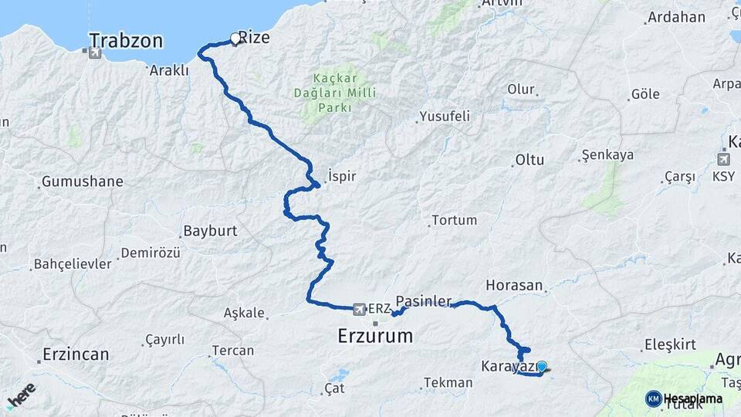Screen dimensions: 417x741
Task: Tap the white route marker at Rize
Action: click(x=235, y=38)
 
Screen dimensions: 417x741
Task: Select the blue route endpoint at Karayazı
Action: click(x=541, y=367)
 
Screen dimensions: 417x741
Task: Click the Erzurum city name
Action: click(x=375, y=336)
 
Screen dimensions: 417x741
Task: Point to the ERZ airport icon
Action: click(x=359, y=309)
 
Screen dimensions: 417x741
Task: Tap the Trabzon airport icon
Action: click(x=94, y=53)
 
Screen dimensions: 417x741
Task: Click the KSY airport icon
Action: click(x=724, y=160)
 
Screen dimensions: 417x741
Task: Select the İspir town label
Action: click(x=342, y=176)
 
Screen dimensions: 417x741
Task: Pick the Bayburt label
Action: click(x=210, y=231)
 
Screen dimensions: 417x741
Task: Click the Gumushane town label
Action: click(x=82, y=182)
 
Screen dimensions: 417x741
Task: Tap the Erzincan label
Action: click(x=76, y=354)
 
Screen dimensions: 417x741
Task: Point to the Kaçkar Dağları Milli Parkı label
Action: click(x=334, y=93)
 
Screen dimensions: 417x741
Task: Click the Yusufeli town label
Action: click(x=444, y=117)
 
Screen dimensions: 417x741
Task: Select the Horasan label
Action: click(x=515, y=285)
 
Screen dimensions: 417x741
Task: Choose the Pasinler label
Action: click(x=423, y=300)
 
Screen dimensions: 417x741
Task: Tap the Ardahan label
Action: click(x=676, y=17)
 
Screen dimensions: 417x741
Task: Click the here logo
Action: click(x=21, y=395)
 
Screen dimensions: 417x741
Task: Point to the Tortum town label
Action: click(x=454, y=220)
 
